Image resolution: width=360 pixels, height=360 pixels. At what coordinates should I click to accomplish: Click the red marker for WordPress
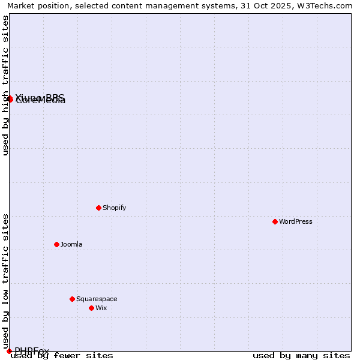click(x=275, y=221)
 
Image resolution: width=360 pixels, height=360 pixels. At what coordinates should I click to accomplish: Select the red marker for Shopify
click(x=99, y=208)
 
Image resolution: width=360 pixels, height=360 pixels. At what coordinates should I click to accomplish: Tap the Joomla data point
click(x=57, y=244)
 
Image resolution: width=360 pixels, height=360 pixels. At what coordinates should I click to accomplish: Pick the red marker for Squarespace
click(x=73, y=299)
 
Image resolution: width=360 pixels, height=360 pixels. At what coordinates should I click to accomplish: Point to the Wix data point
click(x=92, y=308)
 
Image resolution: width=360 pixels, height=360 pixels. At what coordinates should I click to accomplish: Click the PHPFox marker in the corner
click(x=9, y=351)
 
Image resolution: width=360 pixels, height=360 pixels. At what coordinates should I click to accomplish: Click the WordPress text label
click(x=296, y=221)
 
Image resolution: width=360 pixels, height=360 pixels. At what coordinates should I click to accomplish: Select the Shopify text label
click(x=114, y=208)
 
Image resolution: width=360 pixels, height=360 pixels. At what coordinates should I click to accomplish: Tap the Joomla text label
click(x=71, y=244)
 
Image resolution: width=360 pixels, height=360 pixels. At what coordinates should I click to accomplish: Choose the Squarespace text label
click(x=97, y=299)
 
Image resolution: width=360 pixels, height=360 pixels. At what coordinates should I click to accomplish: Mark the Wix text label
click(x=101, y=308)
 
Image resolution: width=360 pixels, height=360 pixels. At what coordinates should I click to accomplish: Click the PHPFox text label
click(x=32, y=350)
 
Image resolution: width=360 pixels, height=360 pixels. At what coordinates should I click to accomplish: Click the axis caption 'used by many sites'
click(x=301, y=356)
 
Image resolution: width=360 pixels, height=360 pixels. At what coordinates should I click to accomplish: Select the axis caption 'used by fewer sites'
click(x=62, y=356)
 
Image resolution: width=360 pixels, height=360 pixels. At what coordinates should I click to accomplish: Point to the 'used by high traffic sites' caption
click(x=5, y=86)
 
